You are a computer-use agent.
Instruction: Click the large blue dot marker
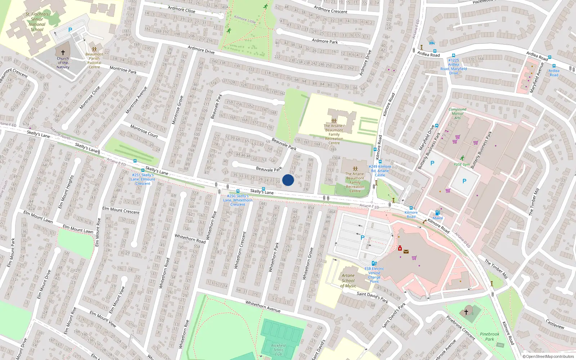[x=288, y=180]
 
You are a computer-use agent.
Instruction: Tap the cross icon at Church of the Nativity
[x=63, y=53]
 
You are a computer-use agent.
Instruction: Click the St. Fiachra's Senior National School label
[x=37, y=22]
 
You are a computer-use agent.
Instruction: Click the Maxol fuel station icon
[x=437, y=213]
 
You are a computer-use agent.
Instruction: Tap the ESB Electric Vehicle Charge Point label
[x=374, y=275]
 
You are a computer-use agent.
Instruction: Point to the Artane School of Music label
[x=348, y=281]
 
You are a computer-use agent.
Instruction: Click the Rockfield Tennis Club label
[x=278, y=350]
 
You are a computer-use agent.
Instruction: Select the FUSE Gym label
[x=462, y=165]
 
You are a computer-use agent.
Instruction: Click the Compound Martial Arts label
[x=457, y=113]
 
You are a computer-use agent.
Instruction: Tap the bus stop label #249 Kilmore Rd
[x=380, y=171]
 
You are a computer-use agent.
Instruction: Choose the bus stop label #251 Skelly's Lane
[x=143, y=179]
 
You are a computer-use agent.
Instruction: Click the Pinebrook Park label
[x=490, y=336]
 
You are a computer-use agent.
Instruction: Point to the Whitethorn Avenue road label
[x=263, y=306]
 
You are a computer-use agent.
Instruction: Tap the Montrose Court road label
[x=144, y=131]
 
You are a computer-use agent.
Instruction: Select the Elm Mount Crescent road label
[x=121, y=210]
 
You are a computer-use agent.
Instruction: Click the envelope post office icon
[x=406, y=252]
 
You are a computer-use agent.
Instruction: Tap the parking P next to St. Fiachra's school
[x=70, y=30]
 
